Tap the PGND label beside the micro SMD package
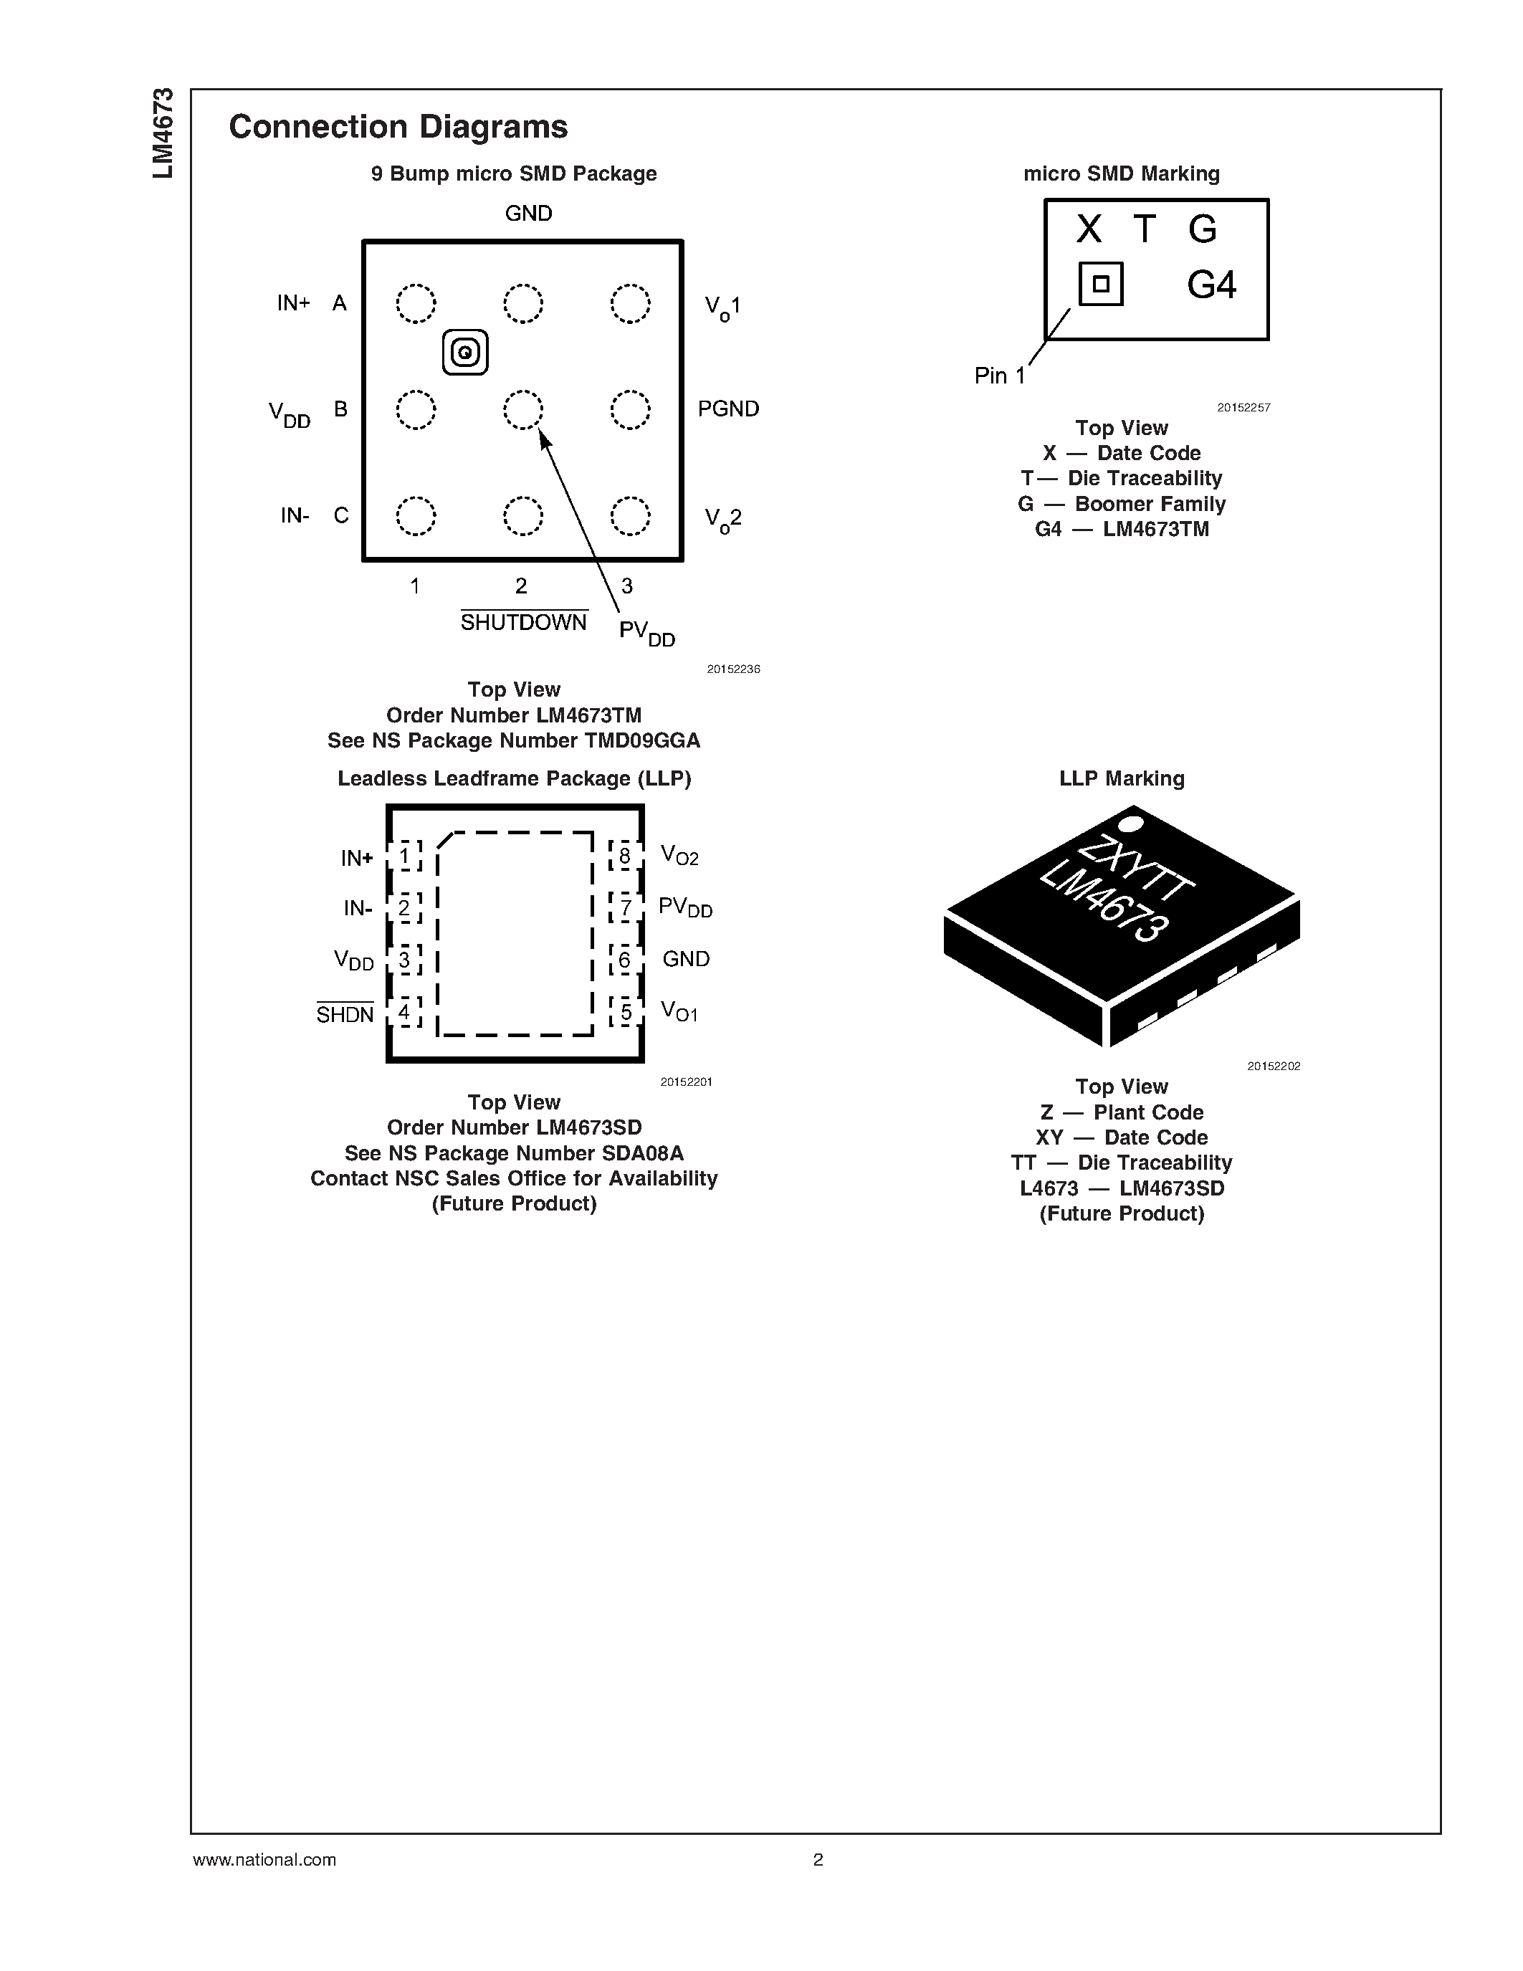[728, 409]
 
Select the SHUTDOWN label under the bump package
[523, 623]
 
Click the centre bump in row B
[523, 410]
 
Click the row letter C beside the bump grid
[341, 515]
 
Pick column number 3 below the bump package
[627, 586]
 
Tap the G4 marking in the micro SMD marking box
[1211, 285]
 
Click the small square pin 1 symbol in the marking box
[1101, 283]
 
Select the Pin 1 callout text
[1000, 376]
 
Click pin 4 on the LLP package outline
[404, 1012]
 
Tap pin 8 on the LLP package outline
[624, 854]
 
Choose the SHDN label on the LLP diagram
[345, 1014]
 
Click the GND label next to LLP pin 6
[686, 959]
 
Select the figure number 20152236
[733, 669]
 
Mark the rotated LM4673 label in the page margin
[163, 133]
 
